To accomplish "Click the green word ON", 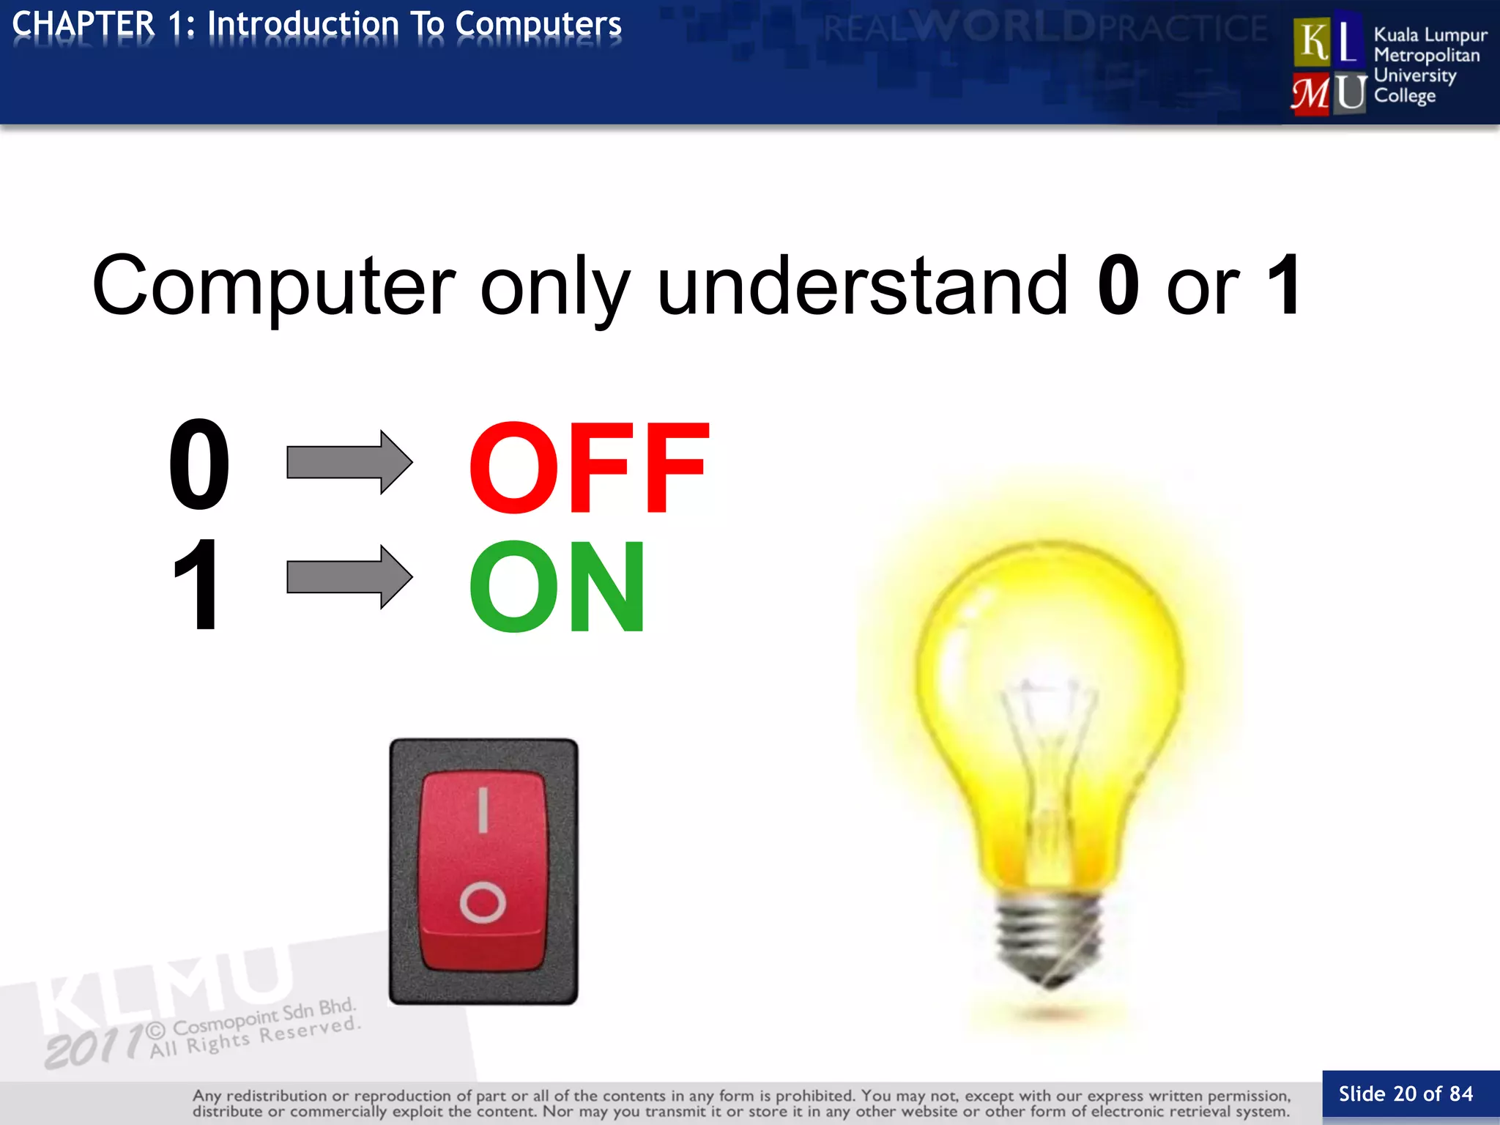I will [x=557, y=586].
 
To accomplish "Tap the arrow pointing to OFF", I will [x=349, y=462].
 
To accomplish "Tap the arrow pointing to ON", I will [x=349, y=576].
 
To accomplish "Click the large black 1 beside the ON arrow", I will [x=196, y=583].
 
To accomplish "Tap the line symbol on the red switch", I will [x=483, y=810].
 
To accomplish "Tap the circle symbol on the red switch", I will [x=483, y=902].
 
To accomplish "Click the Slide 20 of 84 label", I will [x=1406, y=1094].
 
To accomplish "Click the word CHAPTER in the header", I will [x=83, y=24].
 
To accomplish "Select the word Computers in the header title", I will [x=538, y=24].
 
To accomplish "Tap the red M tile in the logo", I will [x=1311, y=94].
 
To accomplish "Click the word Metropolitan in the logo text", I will [x=1426, y=56].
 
